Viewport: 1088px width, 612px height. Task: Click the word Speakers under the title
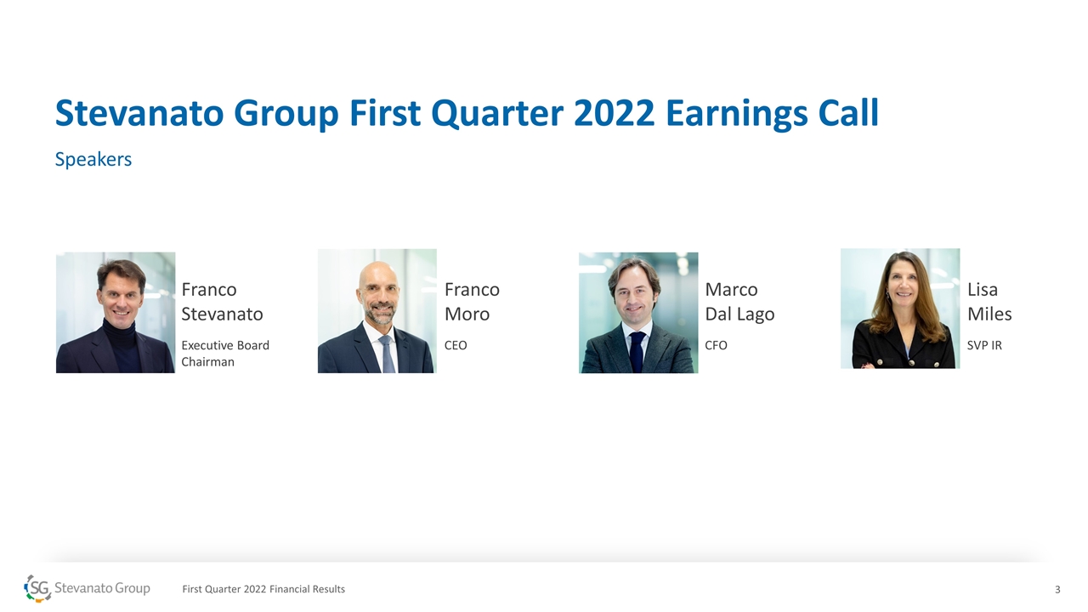93,159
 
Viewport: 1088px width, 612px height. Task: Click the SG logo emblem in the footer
37,589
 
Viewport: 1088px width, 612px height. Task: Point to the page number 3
1057,590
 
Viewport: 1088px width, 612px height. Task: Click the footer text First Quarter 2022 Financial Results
263,589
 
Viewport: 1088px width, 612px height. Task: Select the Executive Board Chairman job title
225,354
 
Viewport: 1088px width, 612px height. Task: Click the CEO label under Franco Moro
456,345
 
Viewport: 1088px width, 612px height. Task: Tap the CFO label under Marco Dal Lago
716,345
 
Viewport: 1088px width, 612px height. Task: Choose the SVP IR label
984,345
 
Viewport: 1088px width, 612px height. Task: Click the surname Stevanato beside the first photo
222,314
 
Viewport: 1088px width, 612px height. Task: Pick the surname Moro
467,314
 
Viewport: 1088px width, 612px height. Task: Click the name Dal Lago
739,315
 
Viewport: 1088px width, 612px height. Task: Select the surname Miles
989,314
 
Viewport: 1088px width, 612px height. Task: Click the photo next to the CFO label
638,312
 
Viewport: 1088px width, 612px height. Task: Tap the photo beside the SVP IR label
900,309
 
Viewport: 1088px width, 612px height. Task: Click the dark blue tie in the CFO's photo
637,351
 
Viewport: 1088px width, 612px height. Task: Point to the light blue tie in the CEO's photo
387,354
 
